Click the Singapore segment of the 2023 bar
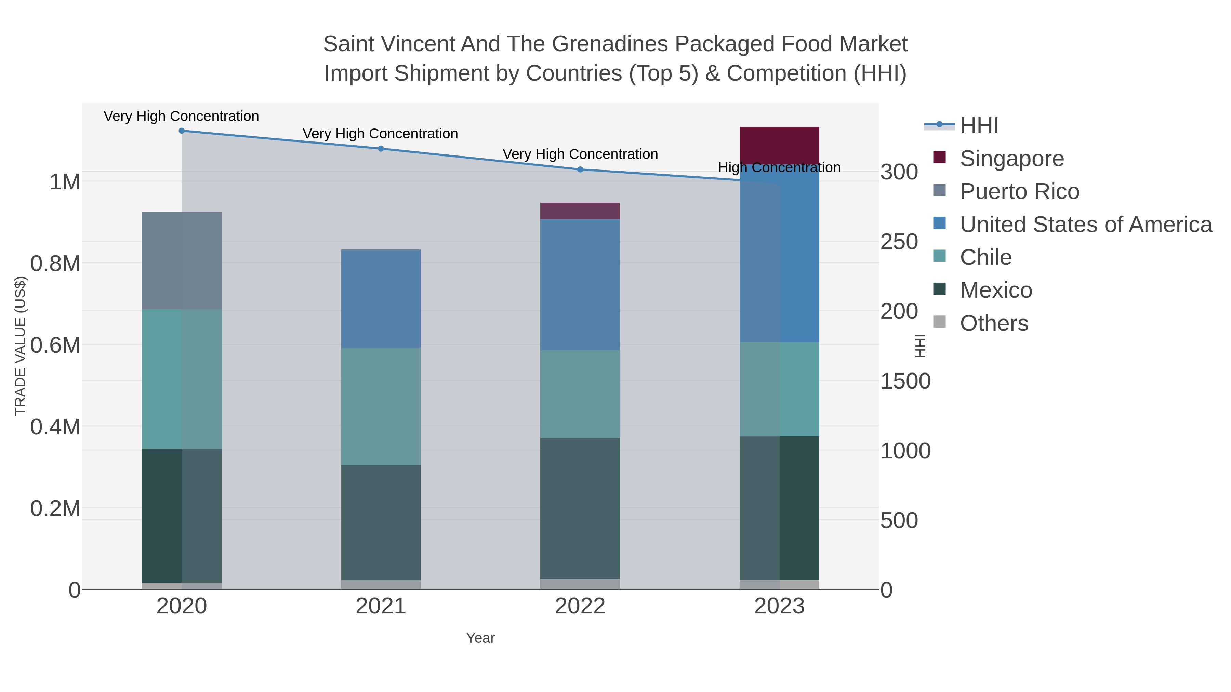779,145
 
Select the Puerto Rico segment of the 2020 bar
182,260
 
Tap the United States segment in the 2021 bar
381,298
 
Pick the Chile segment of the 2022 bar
580,394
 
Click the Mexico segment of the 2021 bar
381,523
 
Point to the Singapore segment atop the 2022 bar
580,211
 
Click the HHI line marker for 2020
182,131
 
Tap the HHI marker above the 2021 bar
381,149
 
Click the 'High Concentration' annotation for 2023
779,168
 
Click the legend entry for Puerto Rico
1019,191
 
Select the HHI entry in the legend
979,126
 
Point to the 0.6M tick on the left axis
55,345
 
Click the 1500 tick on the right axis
905,381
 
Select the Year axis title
480,638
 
